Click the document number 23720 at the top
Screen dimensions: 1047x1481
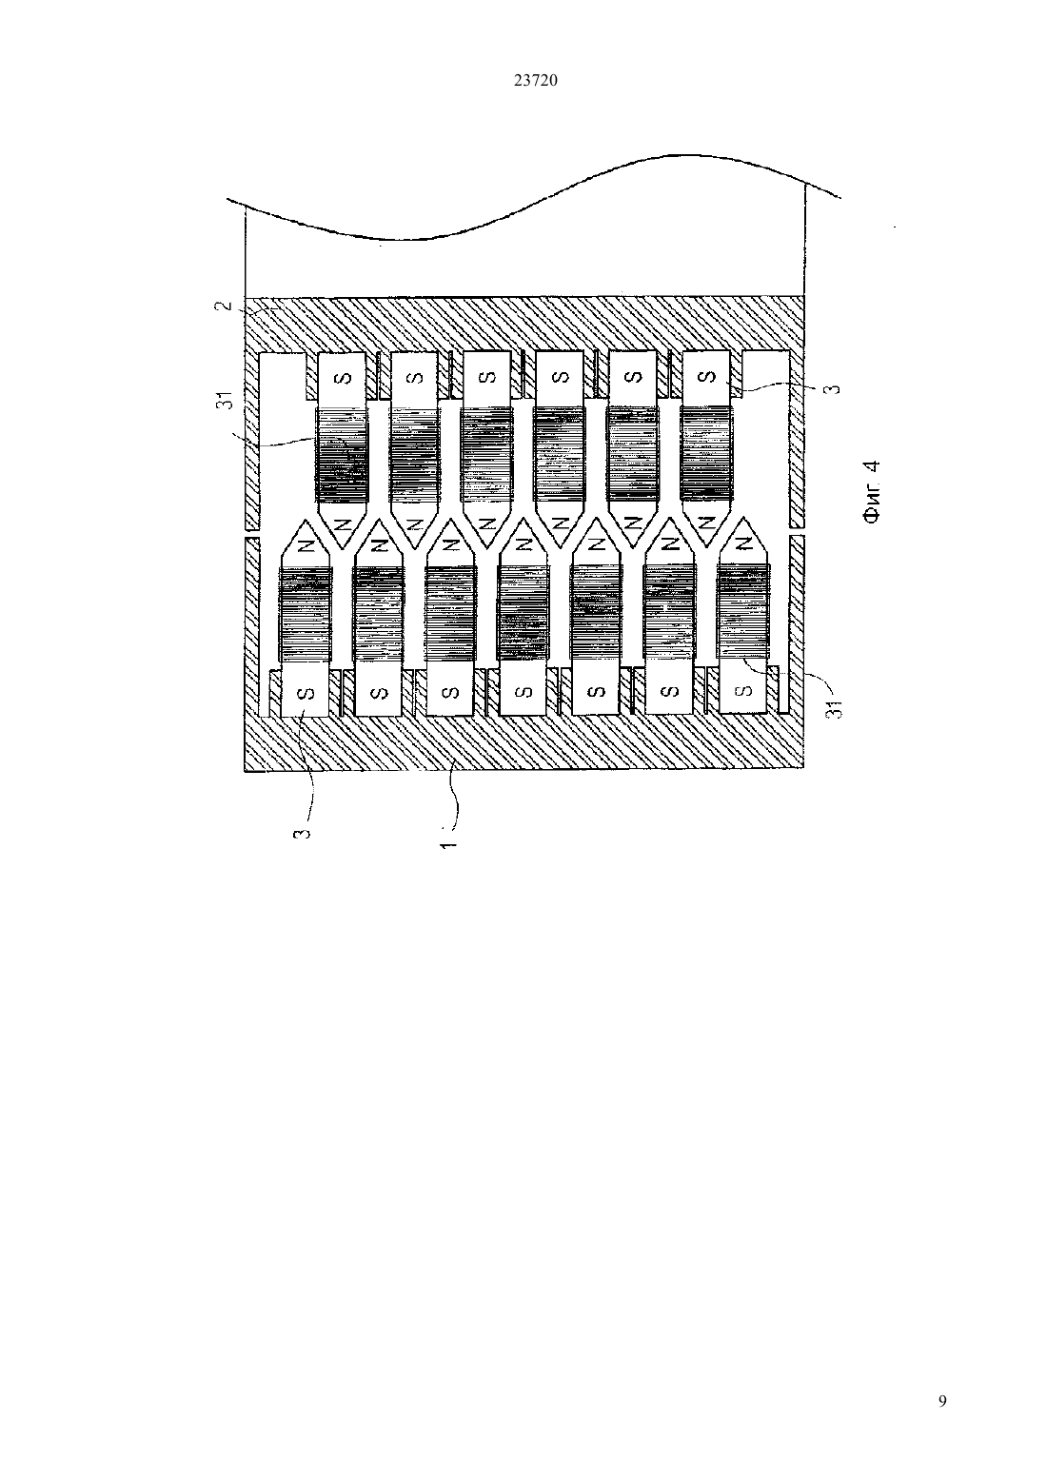click(535, 80)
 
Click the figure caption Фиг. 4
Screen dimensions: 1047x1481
click(872, 493)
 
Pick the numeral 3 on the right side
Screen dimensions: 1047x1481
click(835, 388)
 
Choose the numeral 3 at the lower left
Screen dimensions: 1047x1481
click(302, 834)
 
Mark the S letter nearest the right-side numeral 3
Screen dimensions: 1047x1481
click(706, 377)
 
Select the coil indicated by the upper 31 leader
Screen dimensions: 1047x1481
click(343, 455)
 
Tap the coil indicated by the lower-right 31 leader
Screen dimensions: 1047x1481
click(743, 612)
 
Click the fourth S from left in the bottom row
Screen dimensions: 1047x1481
click(523, 693)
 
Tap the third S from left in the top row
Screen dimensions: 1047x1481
click(487, 378)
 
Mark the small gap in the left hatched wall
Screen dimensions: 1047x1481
click(251, 533)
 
